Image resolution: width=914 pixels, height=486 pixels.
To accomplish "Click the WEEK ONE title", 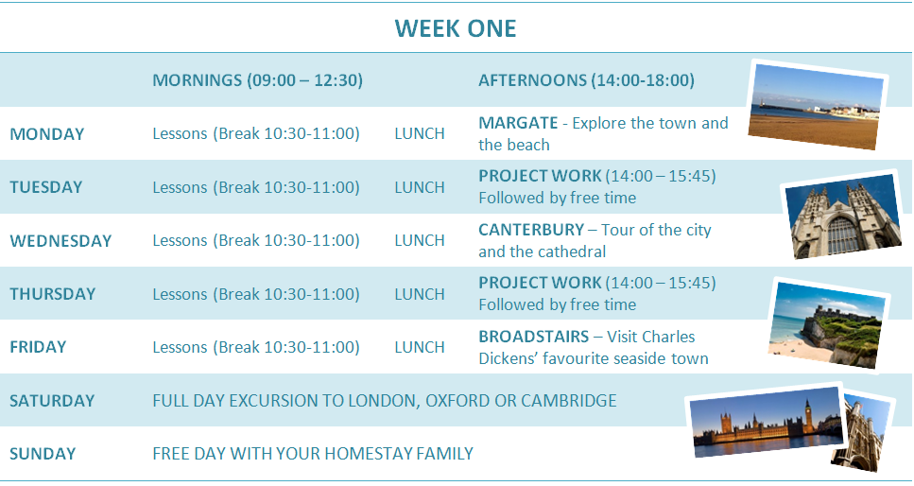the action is pyautogui.click(x=456, y=28).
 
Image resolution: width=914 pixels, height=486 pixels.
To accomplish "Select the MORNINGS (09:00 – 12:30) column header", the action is pyautogui.click(x=258, y=80).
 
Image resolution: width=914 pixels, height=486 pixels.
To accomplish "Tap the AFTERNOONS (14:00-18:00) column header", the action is pyautogui.click(x=586, y=80).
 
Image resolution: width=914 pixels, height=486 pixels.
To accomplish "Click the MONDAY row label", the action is pyautogui.click(x=47, y=134).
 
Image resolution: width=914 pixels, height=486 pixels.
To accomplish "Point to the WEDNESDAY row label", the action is pyautogui.click(x=60, y=241).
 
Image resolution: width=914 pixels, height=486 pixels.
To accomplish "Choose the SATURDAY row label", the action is pyautogui.click(x=52, y=401).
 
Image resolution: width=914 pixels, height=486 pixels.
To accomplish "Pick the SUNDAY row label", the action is pyautogui.click(x=43, y=454).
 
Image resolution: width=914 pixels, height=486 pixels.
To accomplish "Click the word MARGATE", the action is pyautogui.click(x=518, y=123).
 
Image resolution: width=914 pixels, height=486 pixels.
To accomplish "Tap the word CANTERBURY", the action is pyautogui.click(x=531, y=230).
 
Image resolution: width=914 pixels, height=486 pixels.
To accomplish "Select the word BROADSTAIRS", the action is pyautogui.click(x=534, y=337).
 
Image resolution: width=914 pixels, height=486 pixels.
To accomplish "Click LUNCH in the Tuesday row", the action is pyautogui.click(x=420, y=187).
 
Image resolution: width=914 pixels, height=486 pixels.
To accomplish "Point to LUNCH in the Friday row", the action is pyautogui.click(x=420, y=347).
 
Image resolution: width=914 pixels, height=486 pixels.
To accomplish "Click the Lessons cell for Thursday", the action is pyautogui.click(x=256, y=294).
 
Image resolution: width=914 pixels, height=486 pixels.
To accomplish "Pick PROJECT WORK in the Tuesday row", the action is pyautogui.click(x=540, y=176).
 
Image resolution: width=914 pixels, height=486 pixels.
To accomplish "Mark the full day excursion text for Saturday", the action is pyautogui.click(x=385, y=401).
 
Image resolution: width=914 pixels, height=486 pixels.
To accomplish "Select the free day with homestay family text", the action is pyautogui.click(x=313, y=454).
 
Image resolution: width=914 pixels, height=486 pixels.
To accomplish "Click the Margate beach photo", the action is pyautogui.click(x=817, y=105).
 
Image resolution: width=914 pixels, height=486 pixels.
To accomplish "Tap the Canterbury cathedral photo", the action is pyautogui.click(x=843, y=216).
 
